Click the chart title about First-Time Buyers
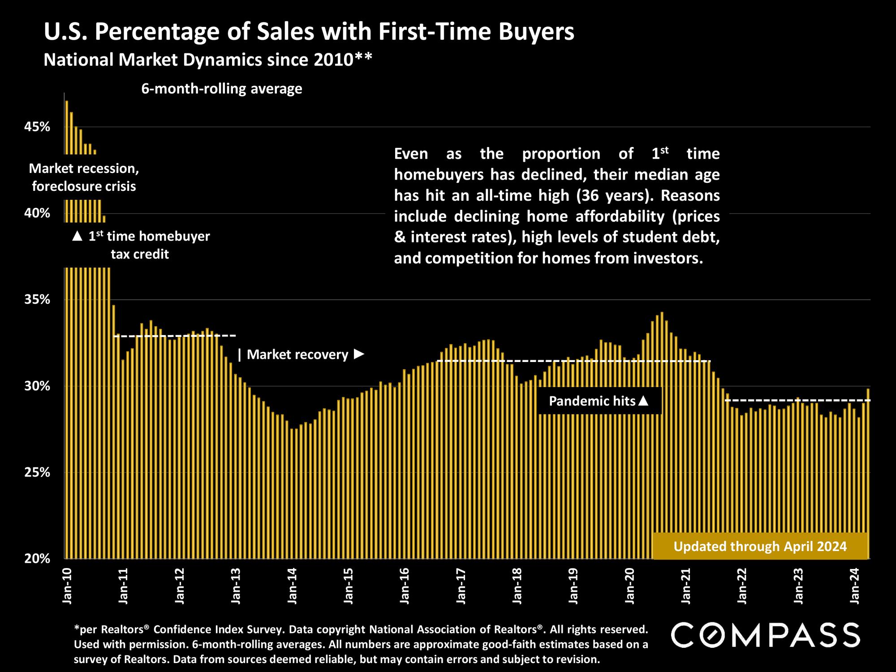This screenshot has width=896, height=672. tap(309, 32)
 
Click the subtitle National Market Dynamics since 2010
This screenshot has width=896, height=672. tap(208, 60)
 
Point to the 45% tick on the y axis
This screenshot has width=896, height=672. tap(37, 127)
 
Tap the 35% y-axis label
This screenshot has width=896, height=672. tap(37, 300)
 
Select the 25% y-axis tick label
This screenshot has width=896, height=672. tap(37, 473)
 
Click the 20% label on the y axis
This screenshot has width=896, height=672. tap(37, 559)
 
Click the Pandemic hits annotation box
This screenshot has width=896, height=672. tap(599, 401)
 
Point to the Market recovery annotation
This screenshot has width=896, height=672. tap(301, 355)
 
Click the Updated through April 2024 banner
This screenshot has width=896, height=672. tap(760, 547)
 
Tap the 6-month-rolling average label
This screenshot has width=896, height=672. tap(222, 89)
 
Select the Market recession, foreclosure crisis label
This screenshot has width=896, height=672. tap(84, 177)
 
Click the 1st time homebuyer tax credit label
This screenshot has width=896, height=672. tap(140, 245)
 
